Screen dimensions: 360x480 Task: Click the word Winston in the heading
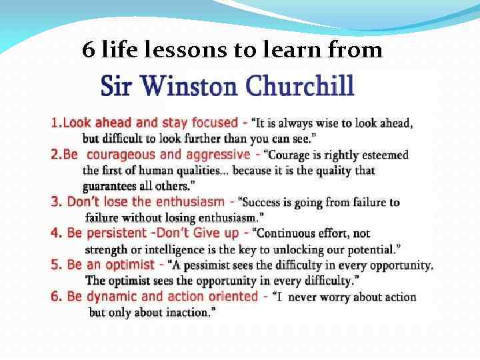[x=193, y=86]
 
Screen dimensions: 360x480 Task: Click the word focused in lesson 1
[x=214, y=123]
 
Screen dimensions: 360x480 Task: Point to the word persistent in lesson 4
[x=115, y=233]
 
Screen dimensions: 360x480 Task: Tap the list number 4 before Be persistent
[x=55, y=233]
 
